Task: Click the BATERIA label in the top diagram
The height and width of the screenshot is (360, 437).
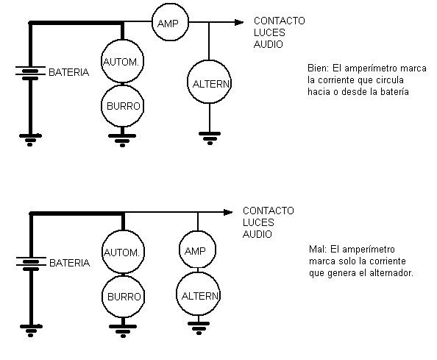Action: [x=69, y=72]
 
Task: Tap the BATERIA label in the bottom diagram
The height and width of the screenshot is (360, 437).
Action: [x=69, y=263]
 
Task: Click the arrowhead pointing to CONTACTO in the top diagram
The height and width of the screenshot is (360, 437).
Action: [x=239, y=22]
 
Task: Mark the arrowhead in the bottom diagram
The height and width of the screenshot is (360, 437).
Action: [x=228, y=213]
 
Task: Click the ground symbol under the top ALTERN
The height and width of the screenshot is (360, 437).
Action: [x=210, y=138]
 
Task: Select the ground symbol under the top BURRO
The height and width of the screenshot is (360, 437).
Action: [x=122, y=141]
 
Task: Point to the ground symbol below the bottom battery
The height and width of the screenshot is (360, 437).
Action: [x=31, y=331]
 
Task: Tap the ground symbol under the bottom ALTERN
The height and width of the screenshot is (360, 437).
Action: [x=199, y=328]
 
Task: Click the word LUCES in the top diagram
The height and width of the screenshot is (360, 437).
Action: [x=269, y=32]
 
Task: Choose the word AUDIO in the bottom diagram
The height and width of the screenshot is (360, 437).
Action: [x=257, y=234]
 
